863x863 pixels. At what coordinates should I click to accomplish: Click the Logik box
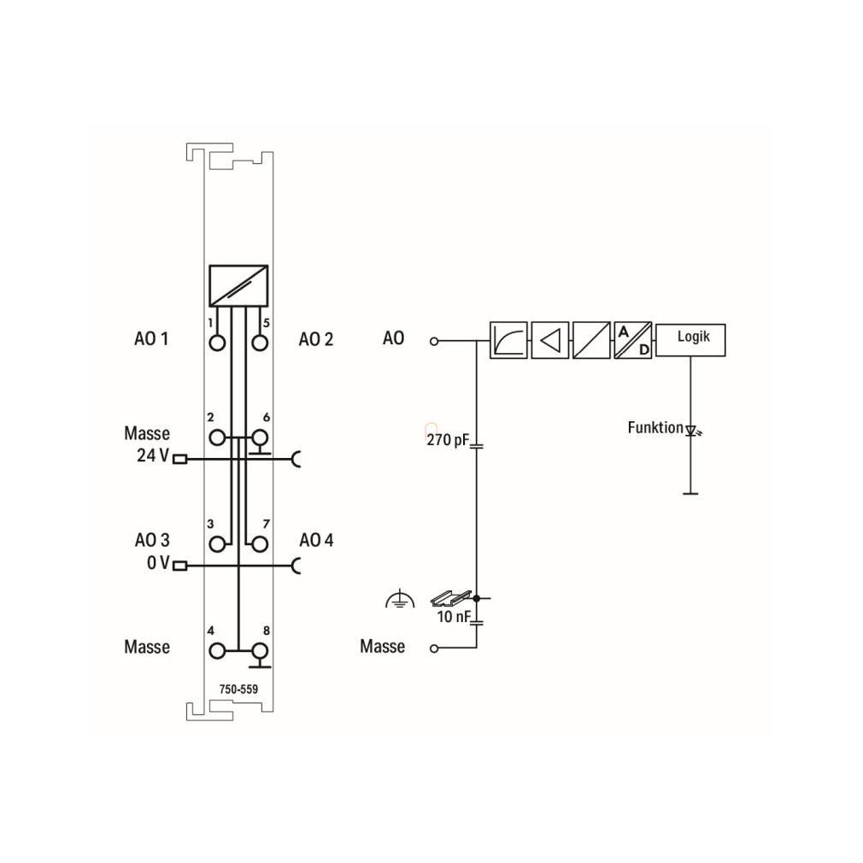pos(690,340)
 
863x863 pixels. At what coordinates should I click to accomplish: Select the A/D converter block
pos(633,340)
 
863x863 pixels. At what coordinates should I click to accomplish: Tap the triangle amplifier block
pos(549,340)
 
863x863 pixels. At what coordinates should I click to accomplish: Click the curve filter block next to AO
pos(508,340)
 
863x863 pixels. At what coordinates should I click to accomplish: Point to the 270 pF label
pos(448,440)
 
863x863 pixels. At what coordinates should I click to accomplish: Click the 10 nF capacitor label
pos(454,616)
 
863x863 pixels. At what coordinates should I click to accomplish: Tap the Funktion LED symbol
pos(692,431)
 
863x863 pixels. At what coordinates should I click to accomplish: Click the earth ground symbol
pos(400,599)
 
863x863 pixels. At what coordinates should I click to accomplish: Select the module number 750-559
pos(238,689)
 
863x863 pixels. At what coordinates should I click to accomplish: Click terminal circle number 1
pos(217,343)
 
